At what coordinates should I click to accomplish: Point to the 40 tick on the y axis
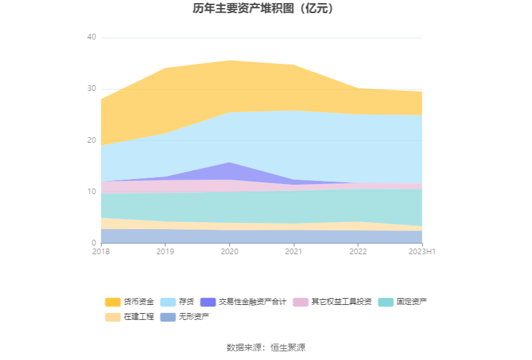coord(91,38)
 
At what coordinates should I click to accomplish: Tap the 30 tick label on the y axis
coord(91,89)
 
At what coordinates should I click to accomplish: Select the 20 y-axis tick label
coord(91,140)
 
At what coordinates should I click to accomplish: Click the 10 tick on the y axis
coord(91,192)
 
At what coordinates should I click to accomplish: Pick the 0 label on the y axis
coord(94,243)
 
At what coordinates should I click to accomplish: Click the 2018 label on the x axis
coord(101,252)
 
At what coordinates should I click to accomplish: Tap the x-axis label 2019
coord(165,252)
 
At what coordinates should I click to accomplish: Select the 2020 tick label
coord(230,252)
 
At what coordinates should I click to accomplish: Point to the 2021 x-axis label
coord(294,252)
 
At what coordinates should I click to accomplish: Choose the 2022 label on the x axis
coord(358,252)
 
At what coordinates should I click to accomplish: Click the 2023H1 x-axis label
coord(422,252)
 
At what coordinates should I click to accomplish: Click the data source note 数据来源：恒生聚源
coord(266,347)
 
